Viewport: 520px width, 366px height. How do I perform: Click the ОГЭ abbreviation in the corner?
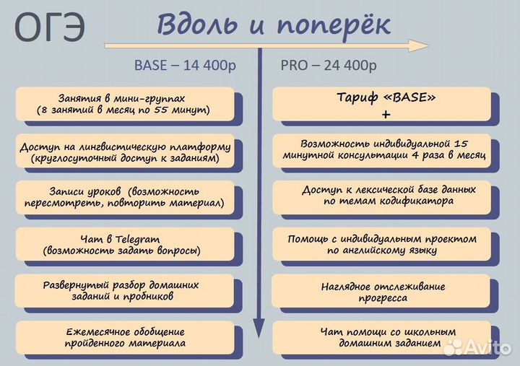(x=49, y=28)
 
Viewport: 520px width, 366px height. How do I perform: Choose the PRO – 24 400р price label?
(x=329, y=65)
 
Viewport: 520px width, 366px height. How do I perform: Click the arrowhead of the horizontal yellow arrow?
(x=420, y=45)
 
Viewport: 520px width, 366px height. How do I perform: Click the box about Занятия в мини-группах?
(x=123, y=103)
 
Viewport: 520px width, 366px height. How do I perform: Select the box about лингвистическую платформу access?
(x=125, y=151)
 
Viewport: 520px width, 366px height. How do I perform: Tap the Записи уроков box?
(x=123, y=198)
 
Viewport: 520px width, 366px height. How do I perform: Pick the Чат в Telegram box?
(x=123, y=245)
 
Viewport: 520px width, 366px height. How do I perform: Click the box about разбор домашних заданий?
(x=123, y=290)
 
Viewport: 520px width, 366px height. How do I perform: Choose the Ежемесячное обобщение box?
(x=123, y=337)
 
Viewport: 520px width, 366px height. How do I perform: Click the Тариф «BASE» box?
(x=381, y=103)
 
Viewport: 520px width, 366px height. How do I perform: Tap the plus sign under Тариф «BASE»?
(x=386, y=114)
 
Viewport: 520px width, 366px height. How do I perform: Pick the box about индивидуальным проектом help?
(x=381, y=244)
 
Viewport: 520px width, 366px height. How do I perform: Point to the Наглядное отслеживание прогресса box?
(x=381, y=292)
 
